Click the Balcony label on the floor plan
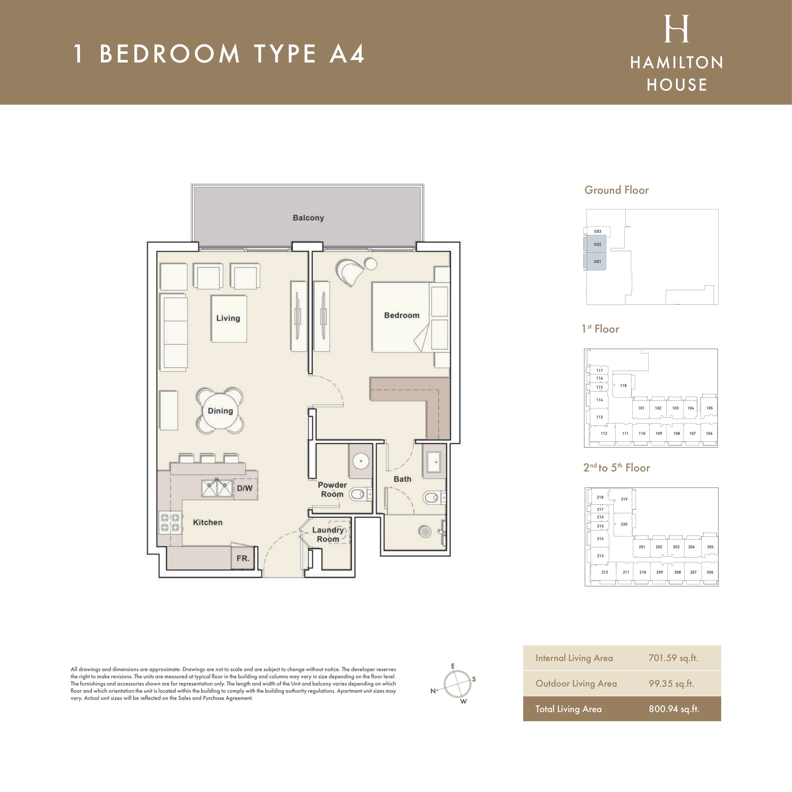click(308, 218)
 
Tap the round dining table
click(220, 411)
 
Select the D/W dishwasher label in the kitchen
click(245, 488)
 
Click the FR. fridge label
click(243, 558)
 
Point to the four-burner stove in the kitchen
click(170, 523)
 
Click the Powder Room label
click(332, 490)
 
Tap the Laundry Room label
click(328, 534)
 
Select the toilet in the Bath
click(433, 498)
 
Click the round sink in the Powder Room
click(361, 461)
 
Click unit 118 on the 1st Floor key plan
click(623, 385)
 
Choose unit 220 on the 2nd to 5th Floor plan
click(624, 524)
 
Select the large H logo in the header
click(676, 29)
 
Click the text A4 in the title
click(347, 54)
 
